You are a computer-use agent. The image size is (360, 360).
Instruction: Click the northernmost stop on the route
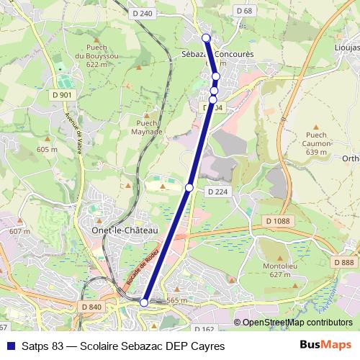point(206,37)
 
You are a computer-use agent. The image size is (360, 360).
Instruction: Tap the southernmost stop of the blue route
point(144,302)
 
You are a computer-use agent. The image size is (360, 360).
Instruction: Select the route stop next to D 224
point(189,187)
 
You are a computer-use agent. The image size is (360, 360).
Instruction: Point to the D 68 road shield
point(244,10)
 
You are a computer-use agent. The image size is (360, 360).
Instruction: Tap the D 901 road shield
point(62,94)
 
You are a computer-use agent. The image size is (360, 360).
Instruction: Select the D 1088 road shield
point(277,220)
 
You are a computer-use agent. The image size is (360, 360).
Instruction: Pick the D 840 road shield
point(91,307)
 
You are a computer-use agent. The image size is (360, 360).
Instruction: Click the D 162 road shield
point(204,329)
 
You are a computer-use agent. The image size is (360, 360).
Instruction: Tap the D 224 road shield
point(217,192)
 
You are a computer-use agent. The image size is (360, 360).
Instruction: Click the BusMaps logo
point(325,345)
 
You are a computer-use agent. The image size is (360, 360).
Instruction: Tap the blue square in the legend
point(9,346)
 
